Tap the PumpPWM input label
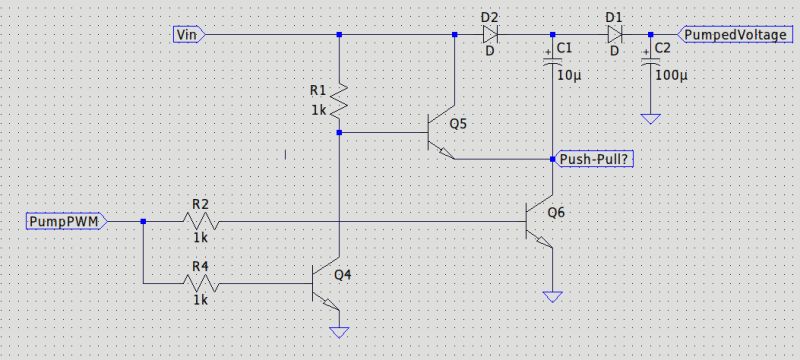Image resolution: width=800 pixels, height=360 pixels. pyautogui.click(x=63, y=220)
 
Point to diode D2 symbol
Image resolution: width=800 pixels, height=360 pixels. pyautogui.click(x=489, y=35)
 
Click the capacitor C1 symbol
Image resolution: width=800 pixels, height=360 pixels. pyautogui.click(x=553, y=61)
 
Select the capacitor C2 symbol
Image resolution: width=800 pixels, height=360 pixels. pyautogui.click(x=651, y=61)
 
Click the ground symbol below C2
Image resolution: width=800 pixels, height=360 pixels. pyautogui.click(x=651, y=119)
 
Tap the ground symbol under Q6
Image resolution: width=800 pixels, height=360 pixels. pyautogui.click(x=553, y=297)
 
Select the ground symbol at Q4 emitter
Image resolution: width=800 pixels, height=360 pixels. pyautogui.click(x=341, y=331)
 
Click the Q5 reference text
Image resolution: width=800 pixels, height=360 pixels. pyautogui.click(x=458, y=124)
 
